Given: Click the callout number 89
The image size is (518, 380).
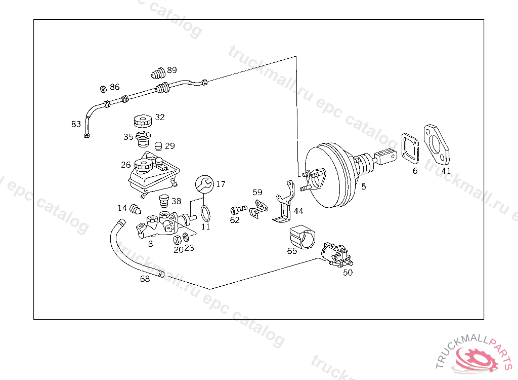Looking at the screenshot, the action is click(x=172, y=70).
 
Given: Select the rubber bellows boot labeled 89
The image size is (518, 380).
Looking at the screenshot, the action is click(x=158, y=73).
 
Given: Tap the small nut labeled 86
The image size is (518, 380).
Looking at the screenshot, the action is click(x=102, y=89).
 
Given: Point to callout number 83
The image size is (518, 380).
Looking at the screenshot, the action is click(x=76, y=124).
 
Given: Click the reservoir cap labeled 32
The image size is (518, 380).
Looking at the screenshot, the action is click(x=142, y=121).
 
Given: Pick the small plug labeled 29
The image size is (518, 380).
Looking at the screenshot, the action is click(x=158, y=146).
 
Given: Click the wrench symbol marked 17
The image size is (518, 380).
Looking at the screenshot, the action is click(x=203, y=183).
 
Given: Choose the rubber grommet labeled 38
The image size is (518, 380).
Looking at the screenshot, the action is click(x=163, y=201).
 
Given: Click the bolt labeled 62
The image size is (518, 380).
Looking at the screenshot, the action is click(x=238, y=209).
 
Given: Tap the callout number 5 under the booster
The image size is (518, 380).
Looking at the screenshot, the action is click(x=363, y=187).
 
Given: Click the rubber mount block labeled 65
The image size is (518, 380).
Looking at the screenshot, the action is click(x=301, y=237).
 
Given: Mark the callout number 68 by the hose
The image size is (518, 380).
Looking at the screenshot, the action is click(x=145, y=279).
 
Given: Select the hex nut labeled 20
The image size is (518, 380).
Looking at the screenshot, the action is click(x=178, y=239).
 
